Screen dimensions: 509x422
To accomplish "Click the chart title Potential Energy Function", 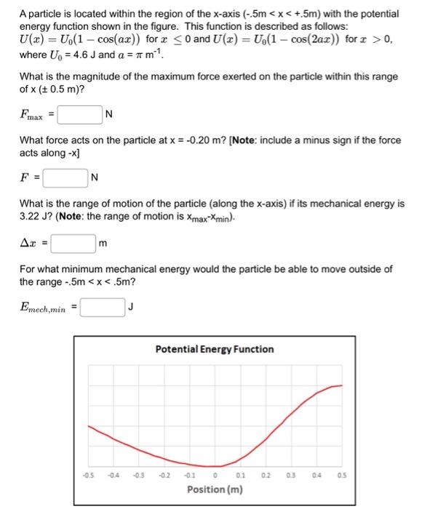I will (214, 349).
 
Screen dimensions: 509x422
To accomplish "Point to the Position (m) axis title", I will (215, 489).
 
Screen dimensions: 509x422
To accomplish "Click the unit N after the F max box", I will (108, 115).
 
